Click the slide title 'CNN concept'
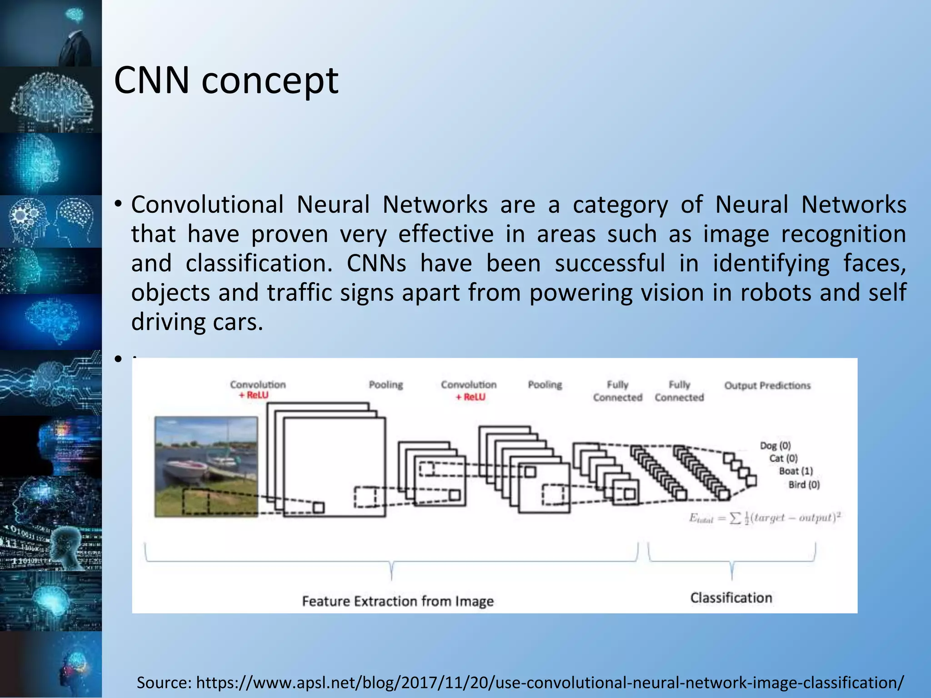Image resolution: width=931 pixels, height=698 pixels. pyautogui.click(x=226, y=81)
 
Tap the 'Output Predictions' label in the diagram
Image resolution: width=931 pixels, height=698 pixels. pyautogui.click(x=767, y=385)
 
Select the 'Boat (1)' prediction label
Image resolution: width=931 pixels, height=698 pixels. pyautogui.click(x=796, y=471)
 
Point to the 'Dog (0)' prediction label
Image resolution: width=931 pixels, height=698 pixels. pyautogui.click(x=776, y=445)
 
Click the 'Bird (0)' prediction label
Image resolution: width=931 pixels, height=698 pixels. pyautogui.click(x=804, y=484)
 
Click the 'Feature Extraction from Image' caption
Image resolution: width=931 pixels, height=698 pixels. pyautogui.click(x=398, y=601)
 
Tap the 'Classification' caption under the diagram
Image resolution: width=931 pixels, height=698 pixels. pyautogui.click(x=731, y=598)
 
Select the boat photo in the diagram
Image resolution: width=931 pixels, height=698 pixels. pyautogui.click(x=206, y=467)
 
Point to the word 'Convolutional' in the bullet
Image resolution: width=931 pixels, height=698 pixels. pyautogui.click(x=207, y=205)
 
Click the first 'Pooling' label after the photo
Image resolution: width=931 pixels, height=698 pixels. pyautogui.click(x=386, y=385)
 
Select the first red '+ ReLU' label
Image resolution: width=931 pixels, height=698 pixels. pyautogui.click(x=254, y=395)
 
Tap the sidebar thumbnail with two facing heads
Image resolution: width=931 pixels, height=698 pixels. pyautogui.click(x=51, y=222)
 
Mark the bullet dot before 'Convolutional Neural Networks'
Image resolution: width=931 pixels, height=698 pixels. pyautogui.click(x=118, y=204)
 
